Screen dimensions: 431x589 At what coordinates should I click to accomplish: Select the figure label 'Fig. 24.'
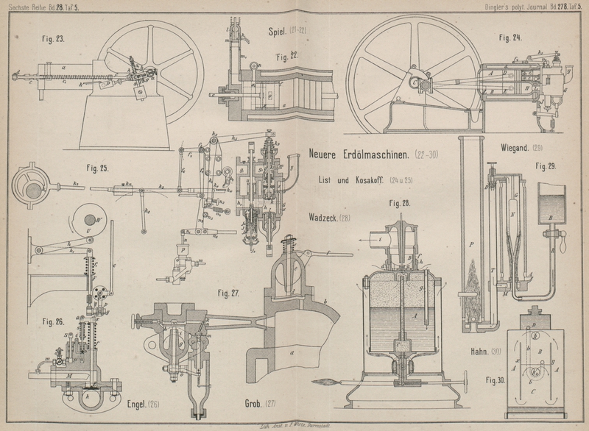tap(509, 38)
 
